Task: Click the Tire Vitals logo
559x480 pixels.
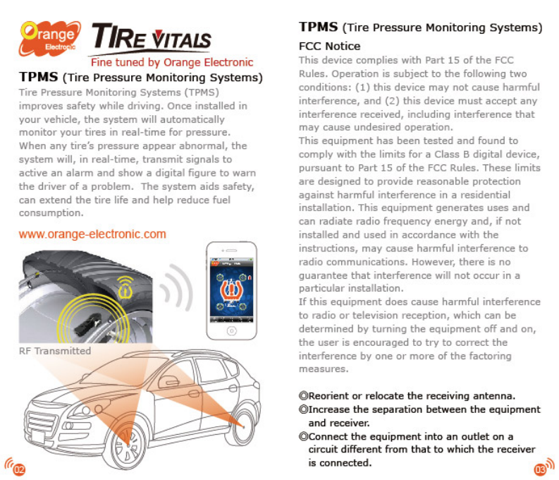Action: click(x=152, y=39)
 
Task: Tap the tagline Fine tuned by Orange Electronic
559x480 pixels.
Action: click(x=171, y=62)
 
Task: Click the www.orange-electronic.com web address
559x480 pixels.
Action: click(x=92, y=234)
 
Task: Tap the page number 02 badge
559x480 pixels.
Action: click(x=18, y=467)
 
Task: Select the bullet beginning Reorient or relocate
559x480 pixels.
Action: click(x=407, y=395)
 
